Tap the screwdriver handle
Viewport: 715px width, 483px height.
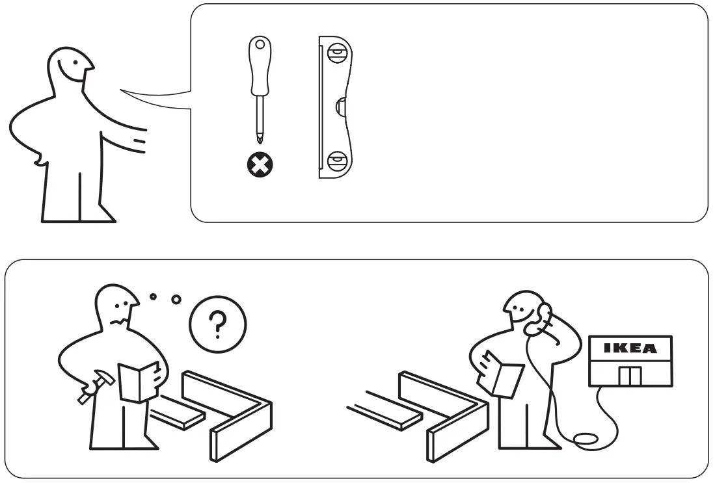pyautogui.click(x=260, y=64)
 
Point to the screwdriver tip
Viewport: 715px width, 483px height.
pyautogui.click(x=260, y=137)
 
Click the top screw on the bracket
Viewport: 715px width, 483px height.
pyautogui.click(x=336, y=51)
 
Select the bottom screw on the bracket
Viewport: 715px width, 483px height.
pyautogui.click(x=336, y=159)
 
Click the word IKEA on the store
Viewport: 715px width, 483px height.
pyautogui.click(x=630, y=348)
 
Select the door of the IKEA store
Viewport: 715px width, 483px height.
pyautogui.click(x=630, y=376)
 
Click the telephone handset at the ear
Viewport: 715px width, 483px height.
pyautogui.click(x=539, y=319)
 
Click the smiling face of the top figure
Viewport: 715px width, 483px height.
pyautogui.click(x=76, y=65)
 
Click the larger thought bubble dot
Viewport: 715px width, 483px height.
pyautogui.click(x=176, y=300)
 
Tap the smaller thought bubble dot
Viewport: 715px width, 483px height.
pyautogui.click(x=153, y=296)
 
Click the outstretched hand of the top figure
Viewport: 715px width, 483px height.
pyautogui.click(x=137, y=140)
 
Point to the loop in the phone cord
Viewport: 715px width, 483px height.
pyautogui.click(x=586, y=440)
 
